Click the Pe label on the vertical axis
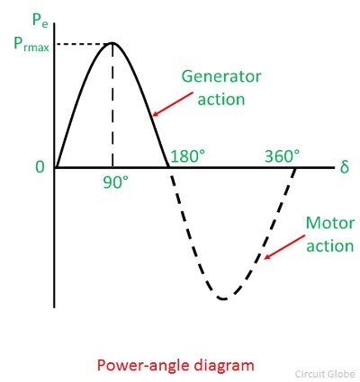[40, 21]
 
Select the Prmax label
[31, 45]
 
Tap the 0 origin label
[40, 167]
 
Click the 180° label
[188, 156]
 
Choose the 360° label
[283, 156]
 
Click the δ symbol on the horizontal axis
[345, 166]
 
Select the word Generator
[221, 76]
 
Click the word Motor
[330, 223]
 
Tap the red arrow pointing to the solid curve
[173, 104]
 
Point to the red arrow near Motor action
[284, 247]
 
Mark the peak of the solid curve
[112, 43]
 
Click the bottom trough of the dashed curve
[223, 298]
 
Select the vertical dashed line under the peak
[112, 105]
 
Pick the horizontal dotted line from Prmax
[85, 44]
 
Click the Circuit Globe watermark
[325, 374]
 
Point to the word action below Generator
[221, 100]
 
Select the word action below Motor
[330, 246]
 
